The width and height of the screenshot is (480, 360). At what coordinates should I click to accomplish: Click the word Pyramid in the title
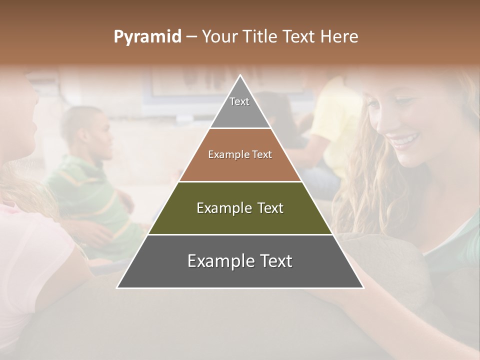point(147,37)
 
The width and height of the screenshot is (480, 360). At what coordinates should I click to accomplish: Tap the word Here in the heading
point(339,37)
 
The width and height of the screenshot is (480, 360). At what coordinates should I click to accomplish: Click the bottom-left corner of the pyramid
point(118,287)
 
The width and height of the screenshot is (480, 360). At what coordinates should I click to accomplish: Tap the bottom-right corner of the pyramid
point(362,287)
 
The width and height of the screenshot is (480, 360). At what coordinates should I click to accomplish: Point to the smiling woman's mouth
point(406,139)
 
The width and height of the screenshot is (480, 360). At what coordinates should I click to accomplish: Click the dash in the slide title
point(191,37)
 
